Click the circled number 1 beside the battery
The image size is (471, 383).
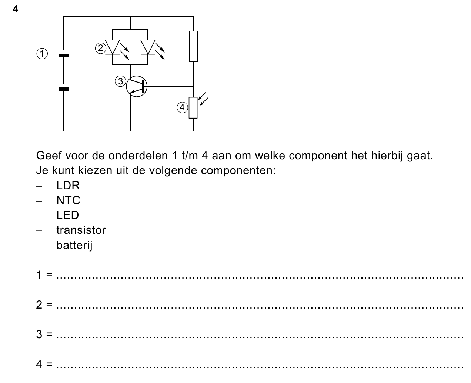(42, 54)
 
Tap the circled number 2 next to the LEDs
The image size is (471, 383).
(101, 48)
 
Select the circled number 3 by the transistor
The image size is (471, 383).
(120, 81)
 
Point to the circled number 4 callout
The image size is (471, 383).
(182, 107)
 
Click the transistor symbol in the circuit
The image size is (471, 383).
(137, 86)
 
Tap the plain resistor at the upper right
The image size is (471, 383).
(193, 46)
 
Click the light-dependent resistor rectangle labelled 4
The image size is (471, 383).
(193, 108)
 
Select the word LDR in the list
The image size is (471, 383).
(68, 185)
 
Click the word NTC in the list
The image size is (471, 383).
(68, 200)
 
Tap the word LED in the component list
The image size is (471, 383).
(67, 215)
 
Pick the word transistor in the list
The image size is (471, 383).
(81, 230)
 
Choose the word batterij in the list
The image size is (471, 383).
(74, 245)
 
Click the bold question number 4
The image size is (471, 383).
(16, 9)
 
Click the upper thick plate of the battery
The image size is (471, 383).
(64, 55)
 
